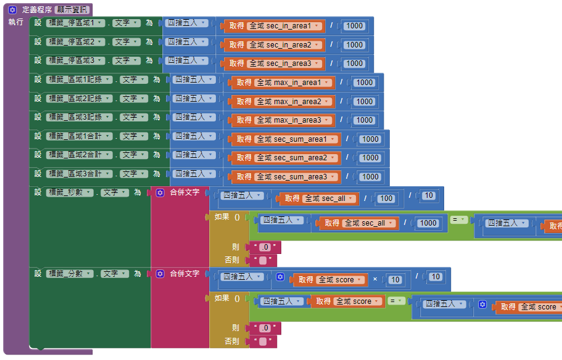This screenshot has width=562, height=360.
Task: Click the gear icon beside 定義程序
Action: pyautogui.click(x=12, y=10)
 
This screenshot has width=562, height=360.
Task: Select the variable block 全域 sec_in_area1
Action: pyautogui.click(x=286, y=26)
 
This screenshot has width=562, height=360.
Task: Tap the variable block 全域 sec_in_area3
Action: pyautogui.click(x=286, y=63)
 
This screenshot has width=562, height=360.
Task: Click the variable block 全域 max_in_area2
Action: pyautogui.click(x=294, y=101)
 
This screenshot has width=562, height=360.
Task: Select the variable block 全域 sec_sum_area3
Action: pyautogui.click(x=299, y=177)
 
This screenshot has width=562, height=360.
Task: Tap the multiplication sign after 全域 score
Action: pyautogui.click(x=375, y=279)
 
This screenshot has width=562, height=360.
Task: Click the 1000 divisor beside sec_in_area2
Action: pyautogui.click(x=354, y=44)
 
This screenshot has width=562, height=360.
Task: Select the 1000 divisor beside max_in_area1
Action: pyautogui.click(x=365, y=83)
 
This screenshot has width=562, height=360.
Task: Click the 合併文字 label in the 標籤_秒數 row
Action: pyautogui.click(x=184, y=192)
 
